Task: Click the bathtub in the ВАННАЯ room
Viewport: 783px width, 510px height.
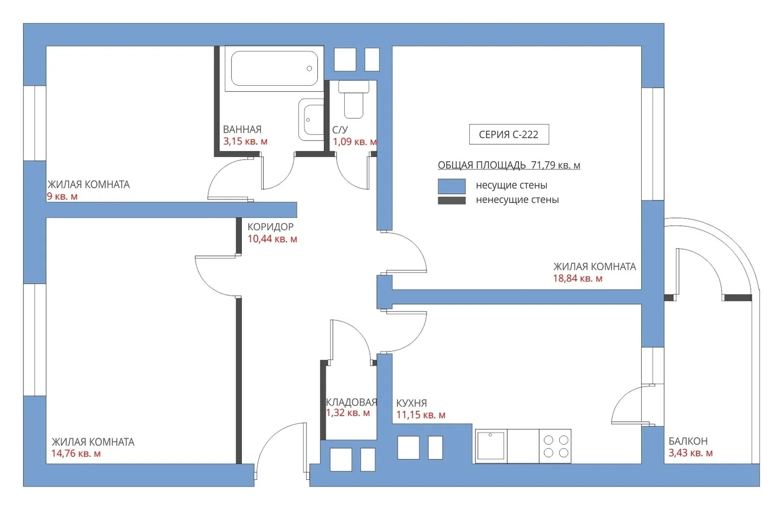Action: coord(274,68)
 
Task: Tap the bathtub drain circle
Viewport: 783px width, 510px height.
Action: coord(309,68)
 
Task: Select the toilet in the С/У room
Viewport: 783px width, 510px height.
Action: coord(353,99)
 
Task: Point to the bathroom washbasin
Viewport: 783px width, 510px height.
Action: coord(311,119)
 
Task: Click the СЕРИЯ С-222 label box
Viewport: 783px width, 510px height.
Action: coord(509,134)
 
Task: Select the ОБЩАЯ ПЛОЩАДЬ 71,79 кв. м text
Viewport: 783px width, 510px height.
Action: coord(509,165)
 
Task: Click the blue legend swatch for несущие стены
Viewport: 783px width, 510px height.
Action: coord(451,186)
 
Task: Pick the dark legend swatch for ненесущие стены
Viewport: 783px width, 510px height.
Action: coord(451,200)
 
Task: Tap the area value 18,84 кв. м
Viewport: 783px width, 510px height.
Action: coord(578,278)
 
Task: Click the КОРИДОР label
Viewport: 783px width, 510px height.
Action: coord(270,227)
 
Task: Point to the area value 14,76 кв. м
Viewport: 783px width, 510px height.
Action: coord(76,454)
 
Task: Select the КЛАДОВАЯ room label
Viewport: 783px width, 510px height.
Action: coord(351,402)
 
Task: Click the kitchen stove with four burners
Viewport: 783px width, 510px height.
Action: coord(555,446)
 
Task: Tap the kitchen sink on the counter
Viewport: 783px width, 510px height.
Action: coord(491,446)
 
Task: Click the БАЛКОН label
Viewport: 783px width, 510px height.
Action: coord(688,441)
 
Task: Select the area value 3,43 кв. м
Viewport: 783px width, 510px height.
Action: coord(690,453)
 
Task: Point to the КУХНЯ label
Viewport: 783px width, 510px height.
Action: coord(412,403)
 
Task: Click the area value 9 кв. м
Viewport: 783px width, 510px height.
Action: coord(62,196)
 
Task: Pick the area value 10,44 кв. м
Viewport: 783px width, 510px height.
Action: coord(272,239)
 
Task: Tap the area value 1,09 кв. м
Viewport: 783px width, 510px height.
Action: coord(355,142)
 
